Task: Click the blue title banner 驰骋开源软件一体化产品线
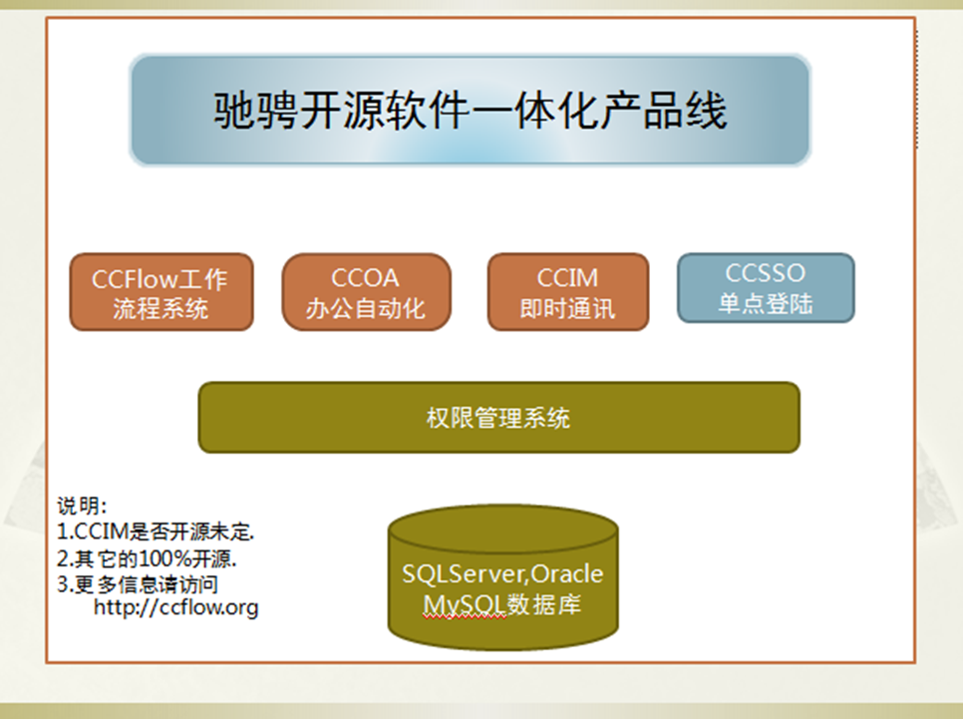(x=470, y=110)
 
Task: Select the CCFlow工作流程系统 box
(x=161, y=292)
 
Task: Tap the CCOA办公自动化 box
(x=367, y=292)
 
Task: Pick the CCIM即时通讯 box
(x=568, y=292)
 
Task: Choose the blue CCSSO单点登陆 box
(x=766, y=287)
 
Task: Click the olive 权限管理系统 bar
(x=498, y=418)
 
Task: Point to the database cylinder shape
(x=503, y=577)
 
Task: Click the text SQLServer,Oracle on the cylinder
(x=502, y=574)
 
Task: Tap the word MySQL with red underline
(x=465, y=605)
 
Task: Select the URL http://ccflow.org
(x=176, y=607)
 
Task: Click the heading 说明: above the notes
(x=83, y=506)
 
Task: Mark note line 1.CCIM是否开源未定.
(x=156, y=532)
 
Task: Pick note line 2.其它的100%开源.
(x=147, y=558)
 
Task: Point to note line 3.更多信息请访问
(x=138, y=583)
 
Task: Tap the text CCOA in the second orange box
(x=366, y=278)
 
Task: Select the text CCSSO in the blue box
(x=766, y=273)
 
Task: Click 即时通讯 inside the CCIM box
(x=567, y=308)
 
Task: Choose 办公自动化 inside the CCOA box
(x=366, y=308)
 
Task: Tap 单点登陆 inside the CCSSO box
(x=766, y=303)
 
